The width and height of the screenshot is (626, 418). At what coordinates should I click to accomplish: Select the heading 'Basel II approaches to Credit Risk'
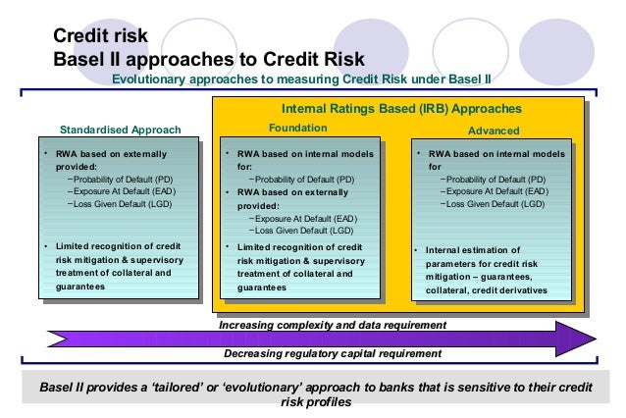pyautogui.click(x=208, y=57)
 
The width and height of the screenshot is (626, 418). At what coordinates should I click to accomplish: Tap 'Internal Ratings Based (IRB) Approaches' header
pyautogui.click(x=401, y=108)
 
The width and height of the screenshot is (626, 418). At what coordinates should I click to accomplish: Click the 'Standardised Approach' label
pyautogui.click(x=121, y=130)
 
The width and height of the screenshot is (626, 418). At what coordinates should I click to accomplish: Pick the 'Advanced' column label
pyautogui.click(x=494, y=130)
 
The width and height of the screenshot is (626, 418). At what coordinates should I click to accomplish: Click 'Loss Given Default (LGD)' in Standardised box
pyautogui.click(x=124, y=205)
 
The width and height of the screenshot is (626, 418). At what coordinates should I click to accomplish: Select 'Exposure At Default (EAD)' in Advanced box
pyautogui.click(x=494, y=192)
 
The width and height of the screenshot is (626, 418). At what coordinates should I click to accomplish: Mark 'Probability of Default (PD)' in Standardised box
pyautogui.click(x=124, y=180)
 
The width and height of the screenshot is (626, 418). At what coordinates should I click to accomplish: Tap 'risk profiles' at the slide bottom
pyautogui.click(x=316, y=401)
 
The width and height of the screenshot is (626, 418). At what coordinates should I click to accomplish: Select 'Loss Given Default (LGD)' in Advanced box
pyautogui.click(x=494, y=205)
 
